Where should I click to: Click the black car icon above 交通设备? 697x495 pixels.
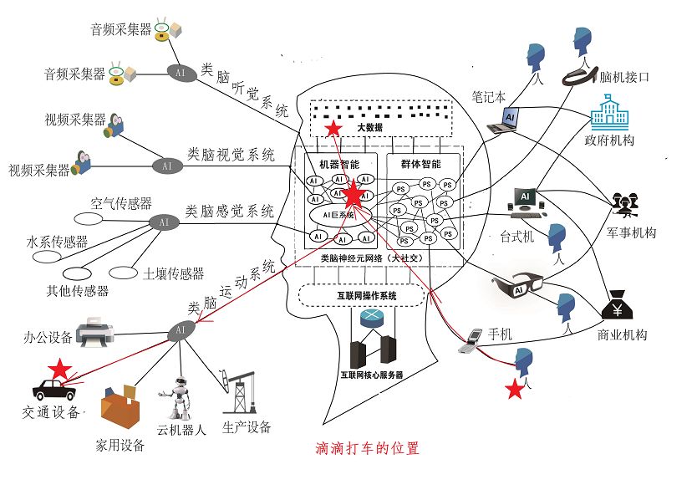tap(53, 390)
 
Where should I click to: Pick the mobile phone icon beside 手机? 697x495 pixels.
tap(474, 339)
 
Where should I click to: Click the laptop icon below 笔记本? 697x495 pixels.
tap(505, 121)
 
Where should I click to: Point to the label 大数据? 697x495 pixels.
tap(369, 128)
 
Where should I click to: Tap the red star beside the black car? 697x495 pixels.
tap(59, 369)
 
